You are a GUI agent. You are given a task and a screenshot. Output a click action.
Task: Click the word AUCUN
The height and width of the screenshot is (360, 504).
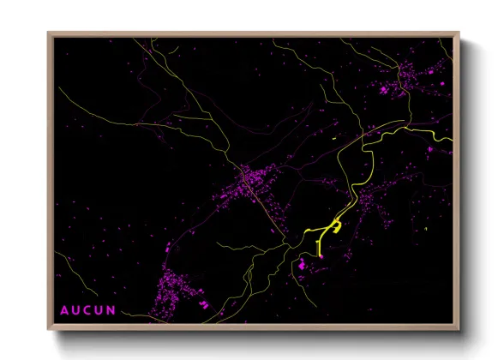88,309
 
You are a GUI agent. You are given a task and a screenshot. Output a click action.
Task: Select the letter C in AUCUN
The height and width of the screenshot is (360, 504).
89,309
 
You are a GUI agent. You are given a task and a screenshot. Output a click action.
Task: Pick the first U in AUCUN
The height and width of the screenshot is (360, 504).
76,309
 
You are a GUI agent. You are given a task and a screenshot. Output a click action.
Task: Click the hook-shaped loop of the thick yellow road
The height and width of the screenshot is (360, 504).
336,226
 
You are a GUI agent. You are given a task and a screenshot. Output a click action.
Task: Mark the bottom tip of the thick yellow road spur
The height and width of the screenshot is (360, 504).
320,255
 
